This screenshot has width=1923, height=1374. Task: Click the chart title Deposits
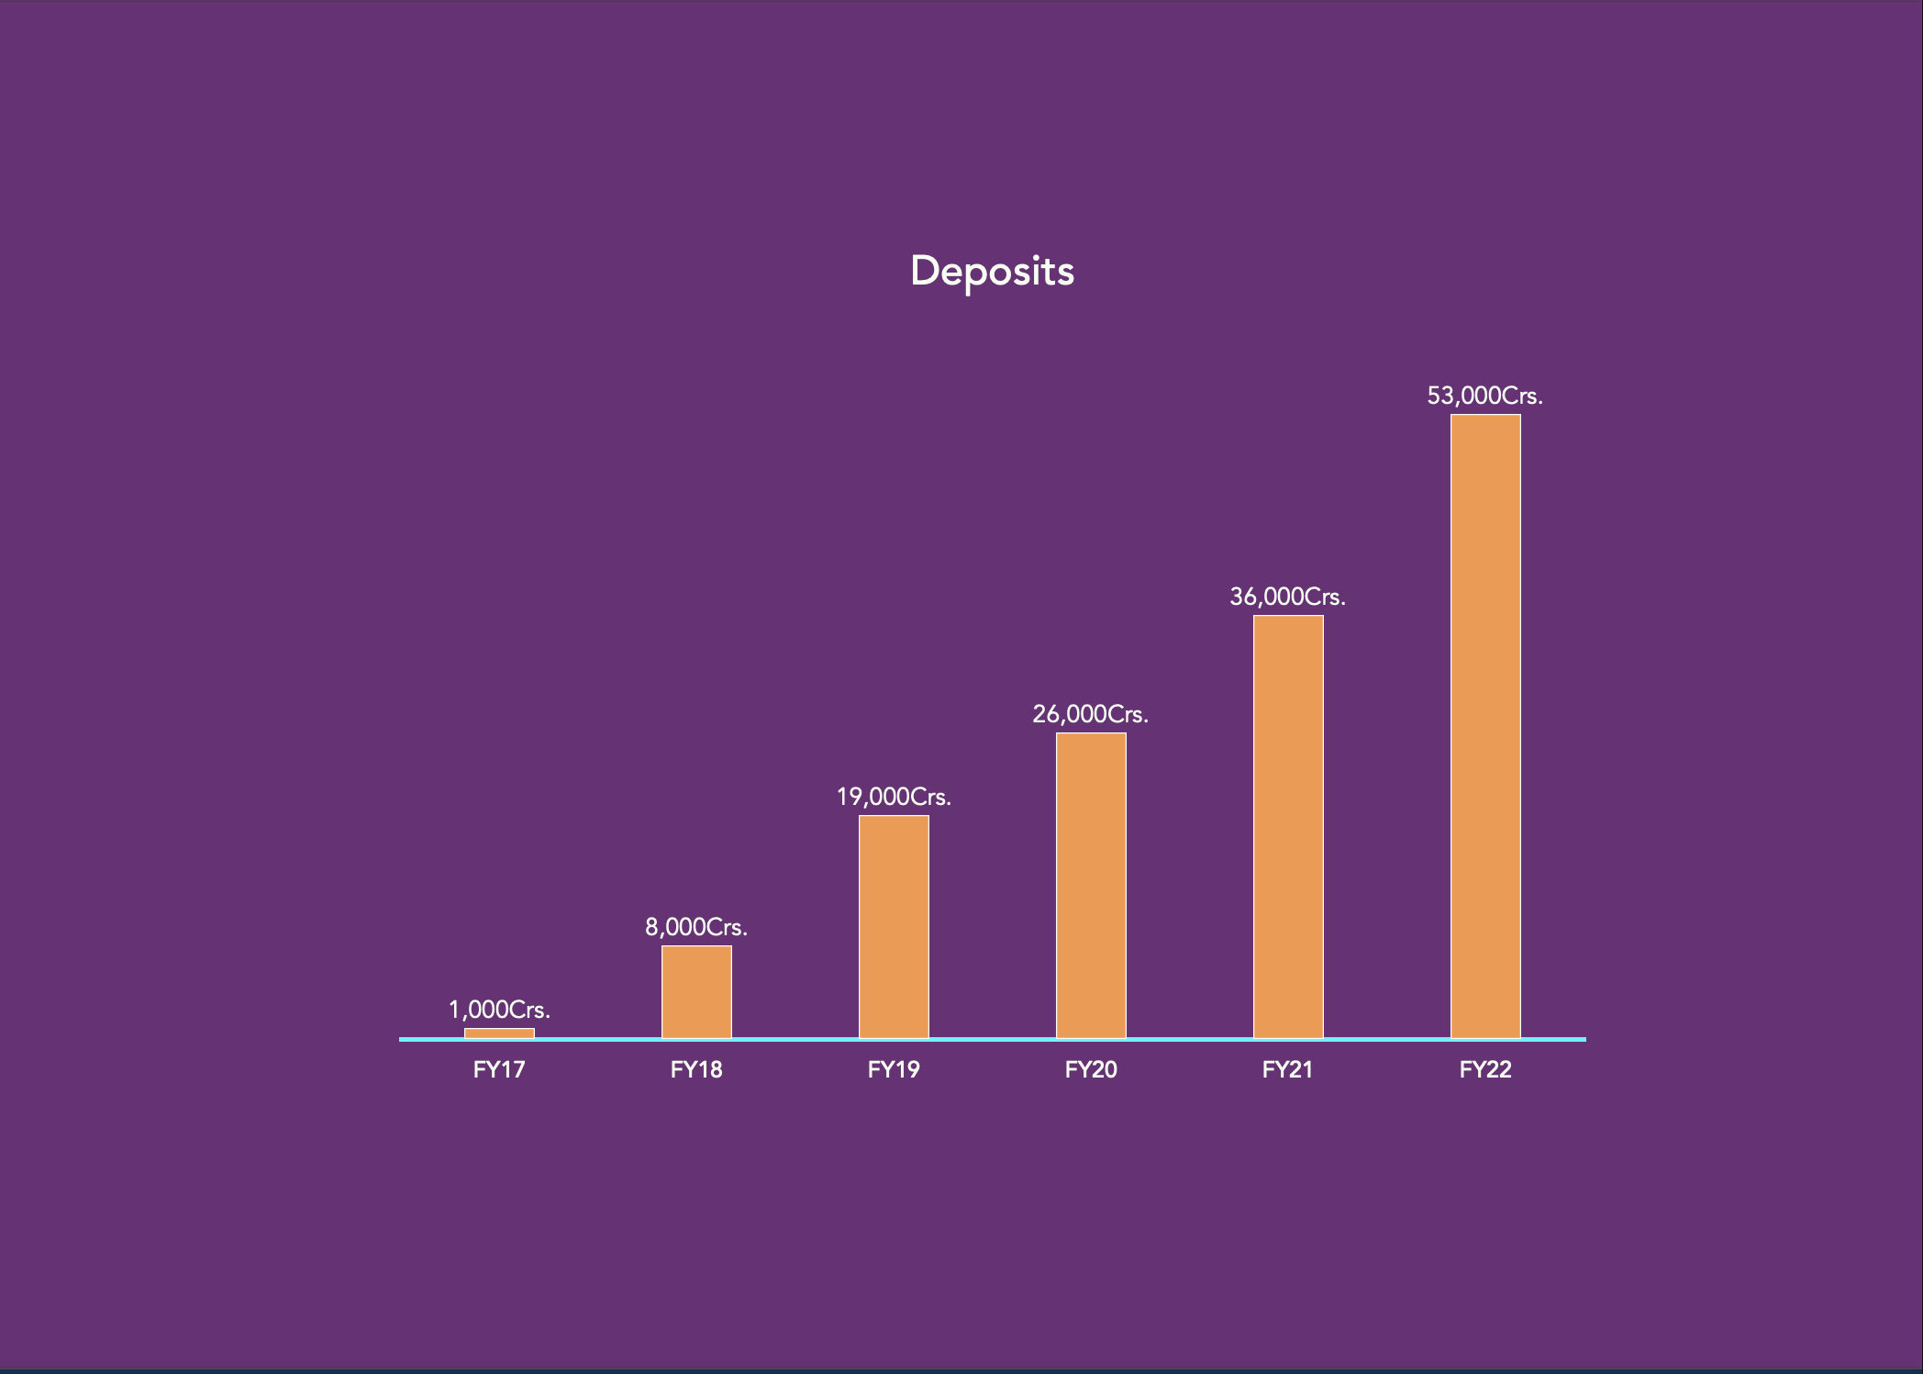click(x=992, y=271)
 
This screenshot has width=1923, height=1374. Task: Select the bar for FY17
click(x=499, y=1033)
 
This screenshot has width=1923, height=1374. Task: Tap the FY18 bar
click(x=696, y=991)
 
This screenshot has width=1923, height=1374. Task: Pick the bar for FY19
click(x=894, y=927)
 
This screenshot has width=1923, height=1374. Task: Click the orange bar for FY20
click(x=1091, y=886)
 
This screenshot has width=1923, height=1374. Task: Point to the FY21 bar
click(x=1288, y=826)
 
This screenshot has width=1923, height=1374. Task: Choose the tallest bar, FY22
click(x=1485, y=725)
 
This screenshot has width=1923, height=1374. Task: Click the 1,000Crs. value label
click(x=499, y=1010)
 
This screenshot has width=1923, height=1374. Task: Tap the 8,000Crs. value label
click(x=696, y=927)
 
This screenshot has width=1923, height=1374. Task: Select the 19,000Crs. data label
click(x=894, y=797)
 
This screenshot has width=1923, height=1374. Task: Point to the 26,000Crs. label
click(x=1091, y=714)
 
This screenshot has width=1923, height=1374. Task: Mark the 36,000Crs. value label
click(x=1288, y=597)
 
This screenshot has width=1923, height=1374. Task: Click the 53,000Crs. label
click(x=1485, y=396)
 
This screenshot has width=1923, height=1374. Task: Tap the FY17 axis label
click(x=499, y=1069)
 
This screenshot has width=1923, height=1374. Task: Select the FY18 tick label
click(x=696, y=1069)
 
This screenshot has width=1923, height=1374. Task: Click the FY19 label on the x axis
click(x=894, y=1069)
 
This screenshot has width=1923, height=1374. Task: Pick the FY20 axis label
click(x=1091, y=1069)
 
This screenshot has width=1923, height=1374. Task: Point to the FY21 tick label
click(x=1288, y=1069)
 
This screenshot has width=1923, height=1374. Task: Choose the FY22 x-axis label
click(x=1485, y=1069)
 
